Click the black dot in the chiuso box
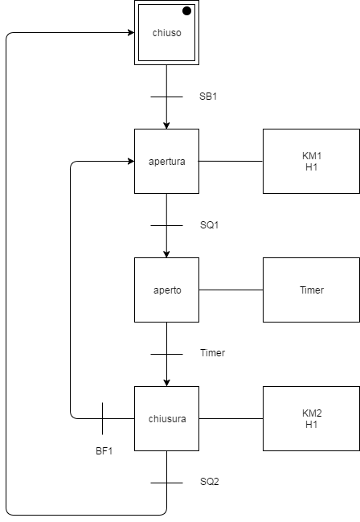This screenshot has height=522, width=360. pyautogui.click(x=186, y=11)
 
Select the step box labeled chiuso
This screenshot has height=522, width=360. pyautogui.click(x=166, y=33)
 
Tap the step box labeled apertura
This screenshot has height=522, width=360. pyautogui.click(x=166, y=161)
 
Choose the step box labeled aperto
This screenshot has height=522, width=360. pyautogui.click(x=166, y=290)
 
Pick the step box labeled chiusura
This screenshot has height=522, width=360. pyautogui.click(x=166, y=418)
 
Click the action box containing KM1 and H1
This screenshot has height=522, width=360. pyautogui.click(x=311, y=161)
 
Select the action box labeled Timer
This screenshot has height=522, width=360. pyautogui.click(x=311, y=290)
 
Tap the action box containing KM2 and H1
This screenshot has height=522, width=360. pyautogui.click(x=311, y=418)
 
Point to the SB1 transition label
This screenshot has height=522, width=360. pyautogui.click(x=208, y=97)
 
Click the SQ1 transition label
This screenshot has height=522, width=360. pyautogui.click(x=209, y=225)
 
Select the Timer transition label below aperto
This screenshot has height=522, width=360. pyautogui.click(x=212, y=353)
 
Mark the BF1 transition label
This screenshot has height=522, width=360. pyautogui.click(x=104, y=450)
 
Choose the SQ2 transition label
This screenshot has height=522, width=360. pyautogui.click(x=209, y=482)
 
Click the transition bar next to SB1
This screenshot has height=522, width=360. pyautogui.click(x=166, y=97)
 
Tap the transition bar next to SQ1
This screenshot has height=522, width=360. pyautogui.click(x=166, y=225)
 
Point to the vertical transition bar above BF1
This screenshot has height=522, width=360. pyautogui.click(x=103, y=418)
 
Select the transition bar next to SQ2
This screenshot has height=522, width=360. pyautogui.click(x=166, y=483)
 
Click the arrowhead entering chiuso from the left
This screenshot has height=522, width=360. pyautogui.click(x=129, y=33)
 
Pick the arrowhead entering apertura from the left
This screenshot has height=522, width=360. pyautogui.click(x=129, y=162)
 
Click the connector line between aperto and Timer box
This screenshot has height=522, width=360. pyautogui.click(x=231, y=290)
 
